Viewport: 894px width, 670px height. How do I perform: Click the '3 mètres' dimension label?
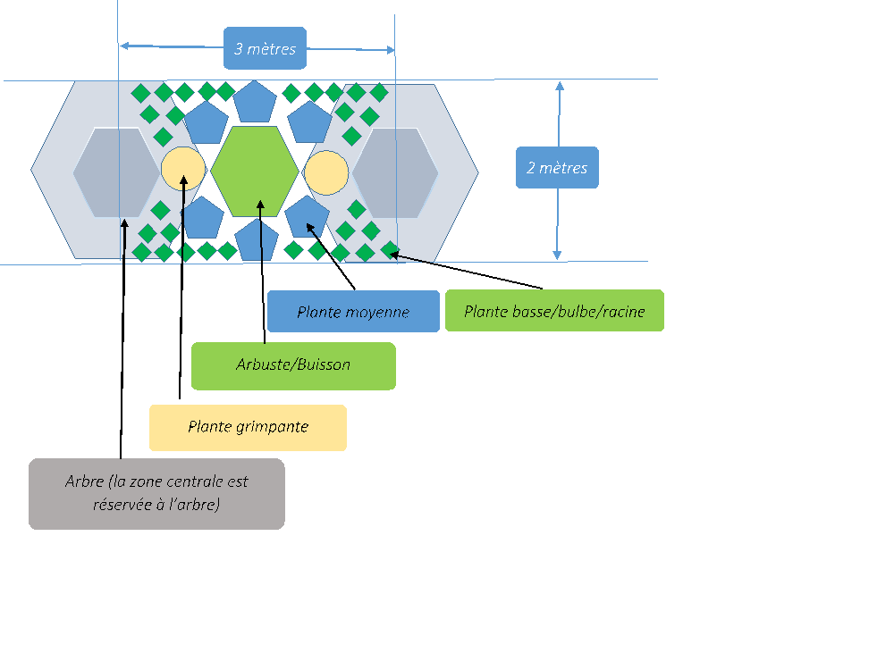click(x=265, y=48)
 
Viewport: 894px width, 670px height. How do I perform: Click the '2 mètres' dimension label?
click(x=556, y=167)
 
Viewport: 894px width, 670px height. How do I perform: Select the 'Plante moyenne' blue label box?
click(x=353, y=312)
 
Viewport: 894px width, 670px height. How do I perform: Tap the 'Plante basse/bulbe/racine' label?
click(x=554, y=312)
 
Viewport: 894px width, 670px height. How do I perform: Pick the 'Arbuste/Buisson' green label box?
click(x=293, y=364)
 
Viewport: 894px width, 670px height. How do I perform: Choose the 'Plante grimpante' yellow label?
click(x=248, y=427)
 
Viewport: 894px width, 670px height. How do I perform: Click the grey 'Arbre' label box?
click(x=156, y=493)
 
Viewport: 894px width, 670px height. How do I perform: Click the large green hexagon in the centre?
click(x=255, y=172)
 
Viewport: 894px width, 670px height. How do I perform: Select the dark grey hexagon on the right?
click(x=395, y=172)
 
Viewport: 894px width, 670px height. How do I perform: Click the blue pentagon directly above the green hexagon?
click(x=255, y=102)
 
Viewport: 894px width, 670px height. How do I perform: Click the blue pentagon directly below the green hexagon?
click(x=257, y=239)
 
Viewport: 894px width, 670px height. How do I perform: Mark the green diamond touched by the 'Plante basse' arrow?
click(x=389, y=249)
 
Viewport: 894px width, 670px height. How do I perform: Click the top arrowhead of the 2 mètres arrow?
click(x=560, y=87)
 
